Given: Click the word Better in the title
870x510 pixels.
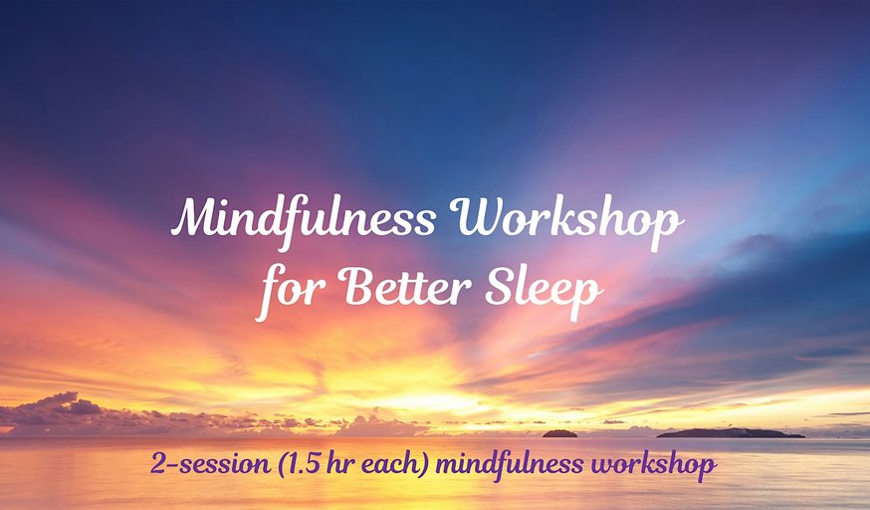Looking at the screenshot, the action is pyautogui.click(x=405, y=288).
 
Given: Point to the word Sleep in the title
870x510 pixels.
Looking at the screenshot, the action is pyautogui.click(x=544, y=291).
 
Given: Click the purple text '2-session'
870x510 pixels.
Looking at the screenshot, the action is pyautogui.click(x=210, y=464).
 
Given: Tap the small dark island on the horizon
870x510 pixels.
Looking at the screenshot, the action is pyautogui.click(x=559, y=433).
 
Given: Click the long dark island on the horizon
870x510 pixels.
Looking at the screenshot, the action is pyautogui.click(x=731, y=433).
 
